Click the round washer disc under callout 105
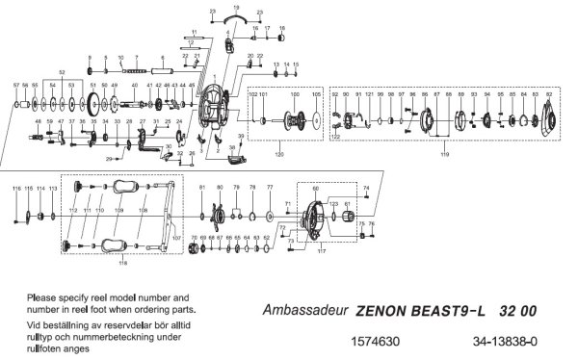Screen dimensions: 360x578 [x=316, y=121]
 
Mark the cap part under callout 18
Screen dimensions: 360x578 [x=282, y=41]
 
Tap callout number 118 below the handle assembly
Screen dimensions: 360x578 [x=123, y=261]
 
